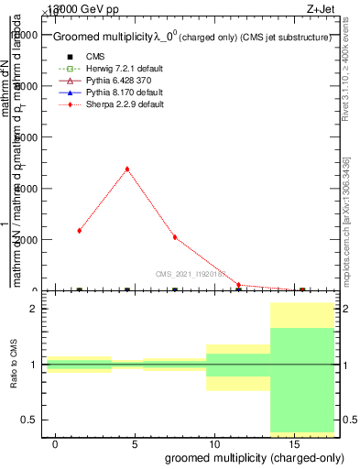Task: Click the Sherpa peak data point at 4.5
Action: coord(126,169)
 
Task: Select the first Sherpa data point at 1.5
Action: coord(80,231)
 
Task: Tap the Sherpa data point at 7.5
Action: coord(174,237)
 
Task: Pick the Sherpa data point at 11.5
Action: coord(238,285)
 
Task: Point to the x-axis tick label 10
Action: coord(213,444)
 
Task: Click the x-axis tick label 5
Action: coord(135,444)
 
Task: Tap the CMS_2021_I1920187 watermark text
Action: coord(192,273)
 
